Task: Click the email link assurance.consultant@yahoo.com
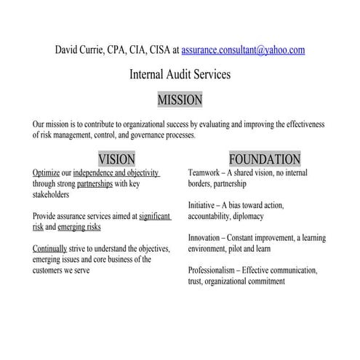tap(243, 50)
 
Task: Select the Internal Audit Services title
tap(180, 74)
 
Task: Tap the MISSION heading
tap(180, 99)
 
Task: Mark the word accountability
tap(215, 216)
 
